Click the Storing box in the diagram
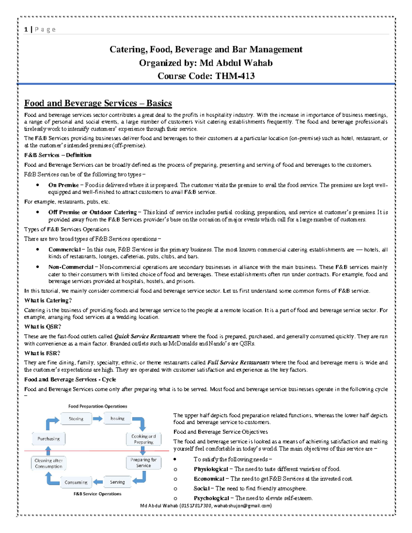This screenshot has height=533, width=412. pyautogui.click(x=76, y=419)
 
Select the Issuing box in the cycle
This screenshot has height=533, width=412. pyautogui.click(x=117, y=418)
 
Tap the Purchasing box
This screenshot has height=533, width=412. pyautogui.click(x=48, y=439)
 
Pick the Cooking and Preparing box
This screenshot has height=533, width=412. pyautogui.click(x=144, y=439)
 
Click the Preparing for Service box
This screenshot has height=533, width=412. pyautogui.click(x=144, y=463)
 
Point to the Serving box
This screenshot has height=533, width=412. pyautogui.click(x=117, y=482)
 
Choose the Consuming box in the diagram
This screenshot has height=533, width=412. pyautogui.click(x=76, y=482)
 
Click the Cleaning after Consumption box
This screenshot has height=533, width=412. pyautogui.click(x=48, y=463)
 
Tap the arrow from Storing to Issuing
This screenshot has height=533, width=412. pyautogui.click(x=98, y=419)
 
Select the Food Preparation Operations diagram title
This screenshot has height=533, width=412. pyautogui.click(x=98, y=406)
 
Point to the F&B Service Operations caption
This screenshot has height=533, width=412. pyautogui.click(x=98, y=494)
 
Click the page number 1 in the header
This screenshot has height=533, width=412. pyautogui.click(x=26, y=30)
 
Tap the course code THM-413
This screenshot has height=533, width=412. pyautogui.click(x=235, y=76)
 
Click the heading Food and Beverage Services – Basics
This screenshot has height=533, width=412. pyautogui.click(x=98, y=103)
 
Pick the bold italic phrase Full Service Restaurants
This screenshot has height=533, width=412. pyautogui.click(x=238, y=362)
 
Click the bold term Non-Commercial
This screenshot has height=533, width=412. pyautogui.click(x=71, y=267)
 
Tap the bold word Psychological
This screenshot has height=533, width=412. pyautogui.click(x=211, y=498)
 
